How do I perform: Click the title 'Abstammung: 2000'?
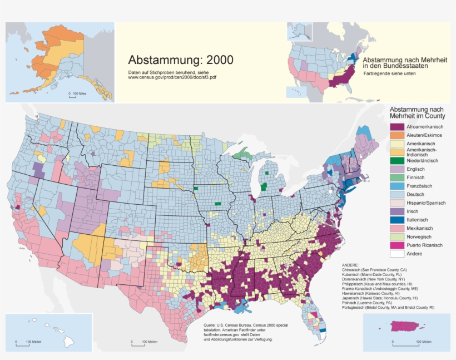181,60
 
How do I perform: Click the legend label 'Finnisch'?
417,177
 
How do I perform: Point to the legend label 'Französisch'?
420,186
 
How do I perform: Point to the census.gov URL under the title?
172,77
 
